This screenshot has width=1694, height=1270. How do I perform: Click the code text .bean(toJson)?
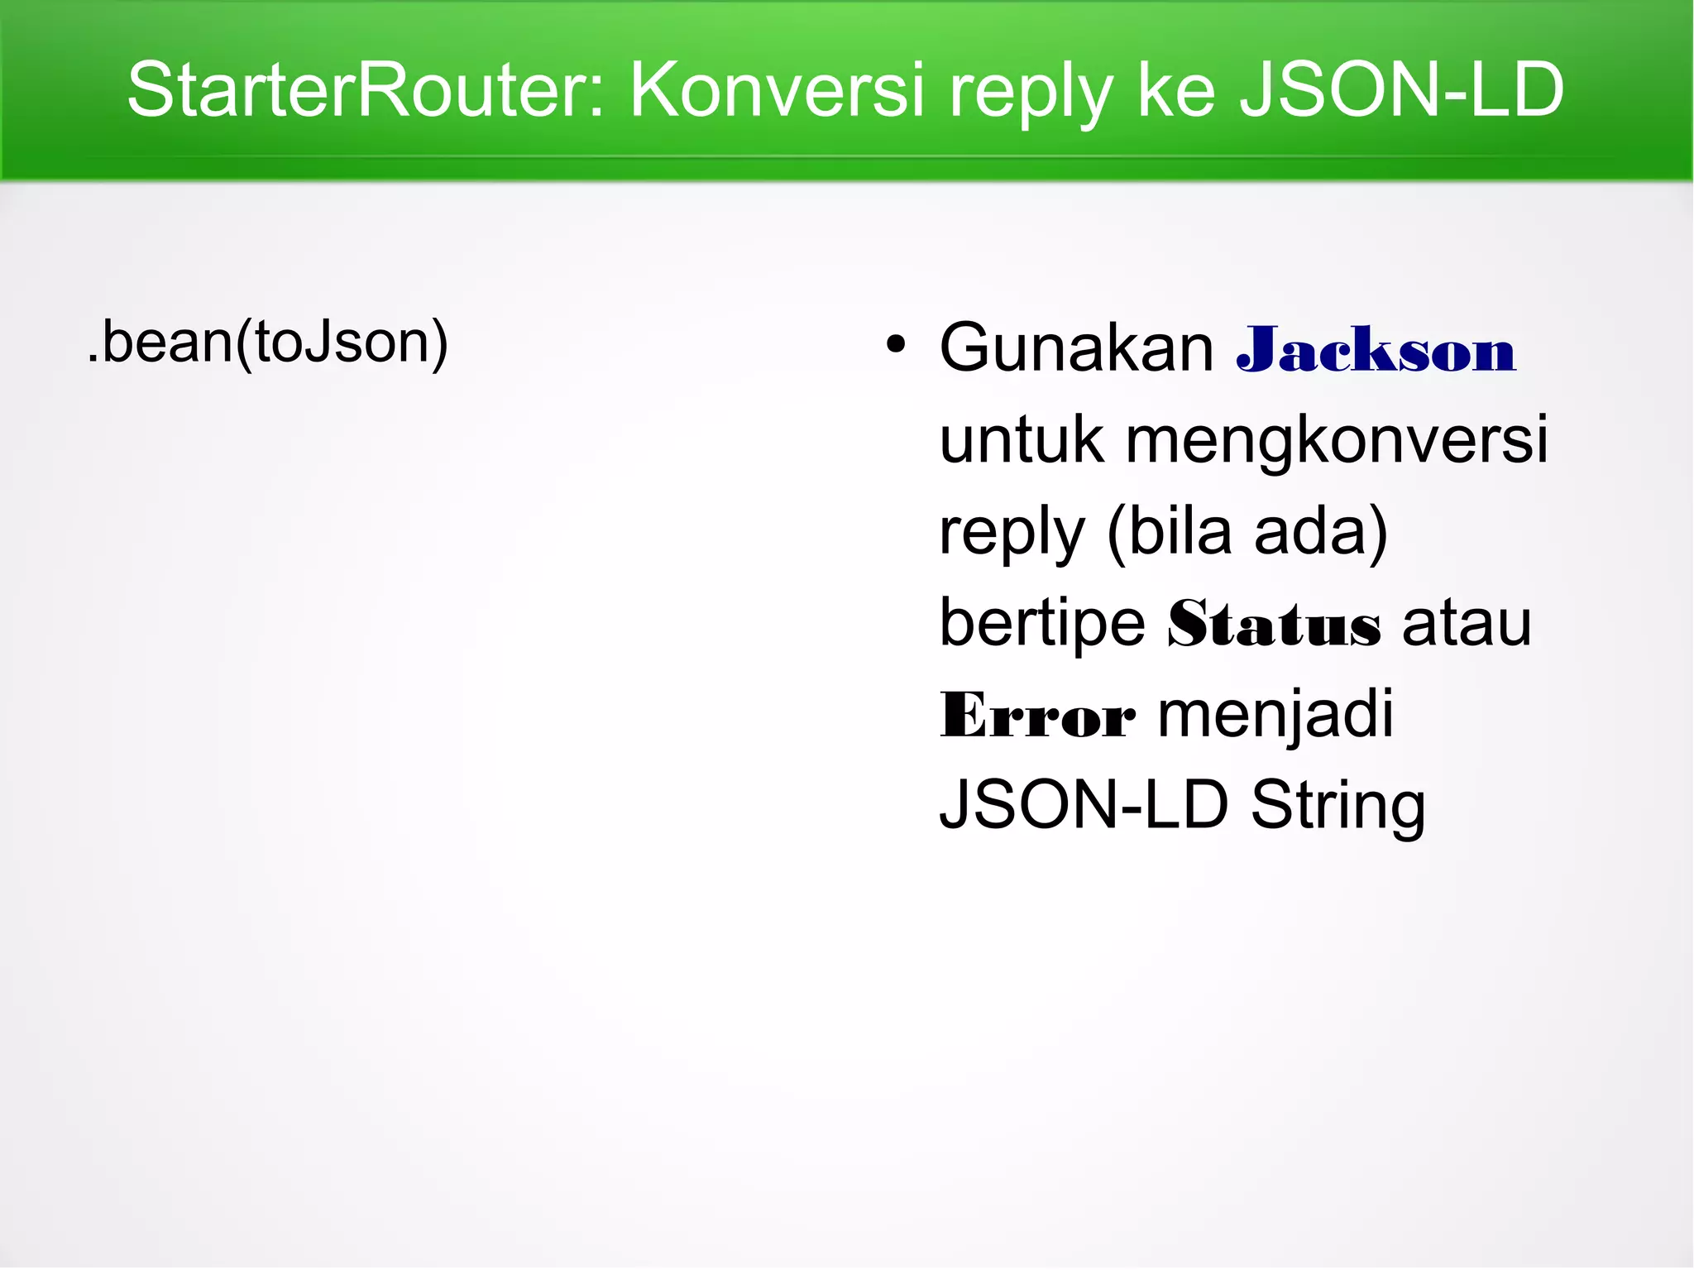pyautogui.click(x=267, y=343)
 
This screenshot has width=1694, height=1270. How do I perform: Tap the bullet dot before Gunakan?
pyautogui.click(x=895, y=344)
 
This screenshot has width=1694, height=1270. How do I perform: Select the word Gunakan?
pyautogui.click(x=1076, y=347)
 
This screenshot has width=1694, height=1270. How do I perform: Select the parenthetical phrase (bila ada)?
pyautogui.click(x=1247, y=532)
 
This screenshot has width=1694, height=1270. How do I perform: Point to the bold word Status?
pyautogui.click(x=1274, y=624)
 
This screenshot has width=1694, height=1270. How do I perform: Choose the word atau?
pyautogui.click(x=1467, y=624)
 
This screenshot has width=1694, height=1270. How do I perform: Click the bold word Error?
pyautogui.click(x=1037, y=716)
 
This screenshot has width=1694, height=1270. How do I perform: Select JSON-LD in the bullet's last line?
pyautogui.click(x=1084, y=805)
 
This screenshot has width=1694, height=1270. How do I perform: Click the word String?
pyautogui.click(x=1337, y=807)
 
